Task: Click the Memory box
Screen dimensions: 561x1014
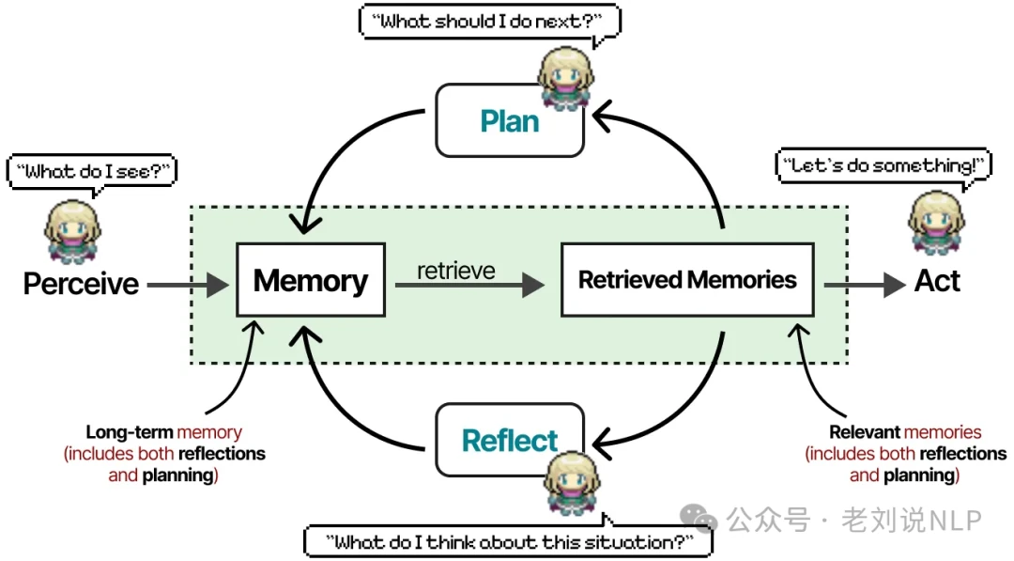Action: tap(311, 280)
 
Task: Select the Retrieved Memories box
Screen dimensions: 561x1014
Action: tap(687, 280)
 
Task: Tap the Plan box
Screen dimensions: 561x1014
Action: tap(510, 121)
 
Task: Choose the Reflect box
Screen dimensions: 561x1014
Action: tap(510, 440)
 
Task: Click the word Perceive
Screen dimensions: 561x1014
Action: tap(81, 283)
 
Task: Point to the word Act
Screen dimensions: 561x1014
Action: tap(937, 281)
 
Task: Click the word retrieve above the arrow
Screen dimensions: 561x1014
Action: tap(456, 271)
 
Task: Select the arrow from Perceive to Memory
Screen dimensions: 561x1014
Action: tap(188, 284)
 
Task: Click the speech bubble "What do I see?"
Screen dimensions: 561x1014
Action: tap(91, 171)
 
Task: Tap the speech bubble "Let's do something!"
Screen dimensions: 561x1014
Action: tap(883, 165)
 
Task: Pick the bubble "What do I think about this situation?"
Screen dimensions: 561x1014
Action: tap(508, 541)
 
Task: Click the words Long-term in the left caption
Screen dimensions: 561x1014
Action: tap(130, 432)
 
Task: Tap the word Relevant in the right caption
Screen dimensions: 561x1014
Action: tap(865, 432)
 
